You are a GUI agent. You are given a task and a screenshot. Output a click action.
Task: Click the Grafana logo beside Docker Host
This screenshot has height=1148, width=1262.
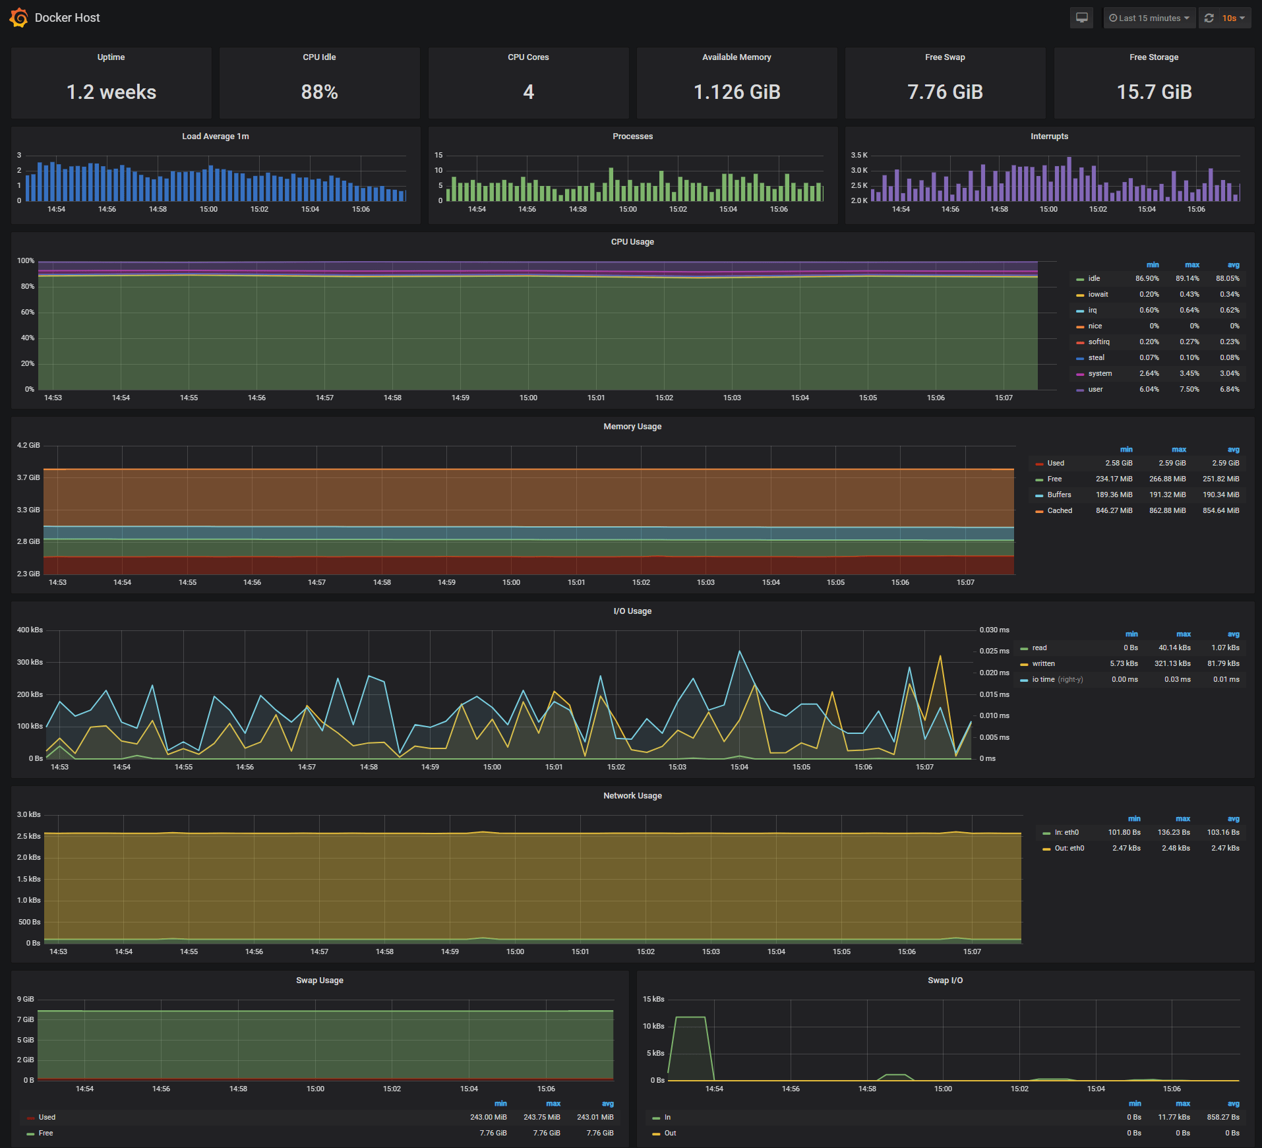(18, 18)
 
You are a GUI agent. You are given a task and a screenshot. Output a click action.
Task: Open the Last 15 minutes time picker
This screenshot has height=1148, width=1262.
(1149, 18)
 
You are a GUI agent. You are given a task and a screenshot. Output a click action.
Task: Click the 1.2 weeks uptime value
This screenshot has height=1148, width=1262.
(111, 92)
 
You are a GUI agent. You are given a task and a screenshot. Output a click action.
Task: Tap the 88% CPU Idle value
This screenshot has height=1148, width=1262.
(320, 92)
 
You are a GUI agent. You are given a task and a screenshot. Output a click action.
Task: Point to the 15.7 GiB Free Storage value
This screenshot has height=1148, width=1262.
(1154, 92)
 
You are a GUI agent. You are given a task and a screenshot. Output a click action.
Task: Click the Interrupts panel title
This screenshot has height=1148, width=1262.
(1049, 136)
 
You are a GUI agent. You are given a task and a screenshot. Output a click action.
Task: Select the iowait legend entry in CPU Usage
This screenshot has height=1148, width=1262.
(1098, 295)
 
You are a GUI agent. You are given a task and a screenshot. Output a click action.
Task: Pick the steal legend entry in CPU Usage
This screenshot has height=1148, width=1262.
(1096, 358)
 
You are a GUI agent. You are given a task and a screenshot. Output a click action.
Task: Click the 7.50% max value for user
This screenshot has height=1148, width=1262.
(1189, 390)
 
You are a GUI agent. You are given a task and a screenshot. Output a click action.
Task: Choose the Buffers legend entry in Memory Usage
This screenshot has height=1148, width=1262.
(1059, 495)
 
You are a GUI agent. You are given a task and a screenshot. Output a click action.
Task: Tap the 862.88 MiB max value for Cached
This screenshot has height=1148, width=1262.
(1167, 511)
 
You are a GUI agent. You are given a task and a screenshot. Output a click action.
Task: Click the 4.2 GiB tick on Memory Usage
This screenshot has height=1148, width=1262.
(28, 446)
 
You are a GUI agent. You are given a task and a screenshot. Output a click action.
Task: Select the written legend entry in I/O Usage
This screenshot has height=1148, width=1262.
(1043, 664)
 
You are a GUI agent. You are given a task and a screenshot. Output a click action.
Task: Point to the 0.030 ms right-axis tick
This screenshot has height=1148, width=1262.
(994, 630)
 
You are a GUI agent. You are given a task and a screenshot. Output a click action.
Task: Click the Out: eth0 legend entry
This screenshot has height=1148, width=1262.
(1069, 849)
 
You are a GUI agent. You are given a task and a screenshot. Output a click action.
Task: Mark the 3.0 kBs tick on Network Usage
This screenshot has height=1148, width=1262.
(29, 815)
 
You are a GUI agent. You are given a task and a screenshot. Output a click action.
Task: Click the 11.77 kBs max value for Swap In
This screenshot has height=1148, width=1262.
(1174, 1118)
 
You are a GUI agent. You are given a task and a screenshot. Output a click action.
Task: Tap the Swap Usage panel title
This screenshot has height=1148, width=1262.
(320, 981)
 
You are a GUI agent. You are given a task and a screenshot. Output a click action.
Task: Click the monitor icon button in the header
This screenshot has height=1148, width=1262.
(1081, 18)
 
